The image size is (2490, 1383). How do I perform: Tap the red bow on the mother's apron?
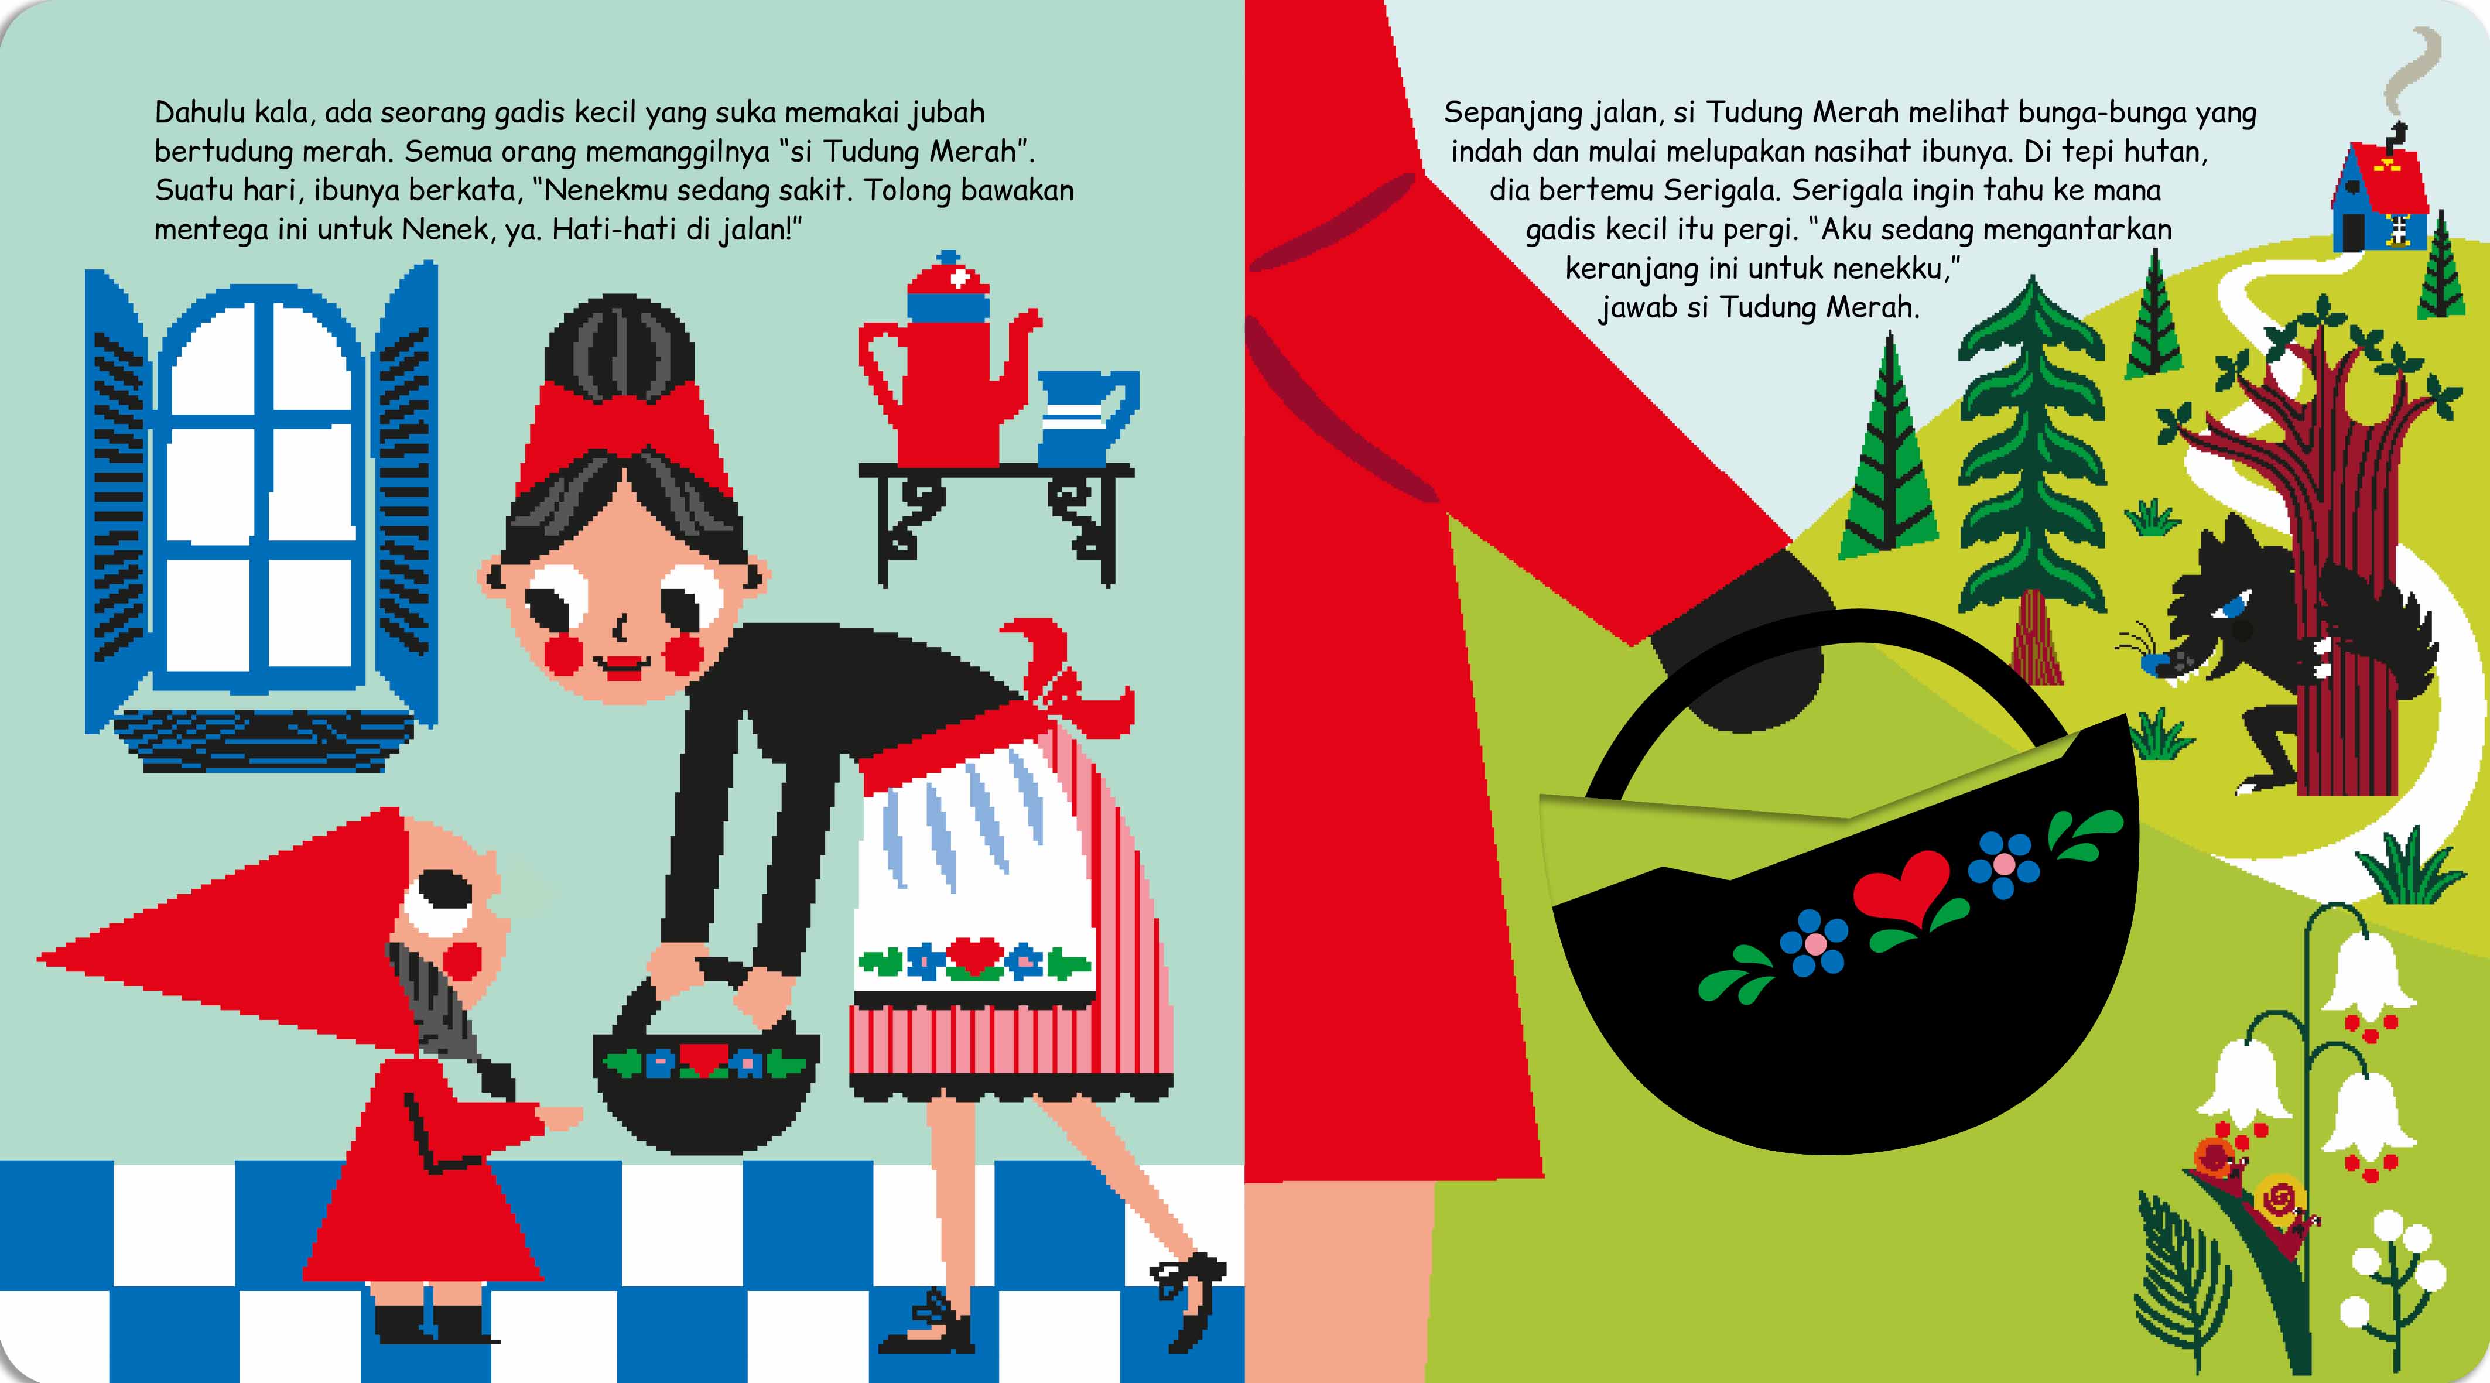[1063, 682]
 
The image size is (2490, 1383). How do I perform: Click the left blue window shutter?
[118, 498]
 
